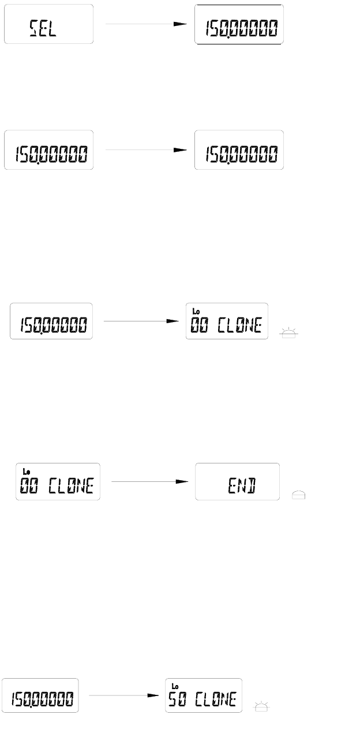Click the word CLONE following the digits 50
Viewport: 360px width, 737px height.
(215, 700)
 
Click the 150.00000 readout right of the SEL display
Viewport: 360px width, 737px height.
(239, 28)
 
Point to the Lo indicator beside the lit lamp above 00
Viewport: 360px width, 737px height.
(196, 312)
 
